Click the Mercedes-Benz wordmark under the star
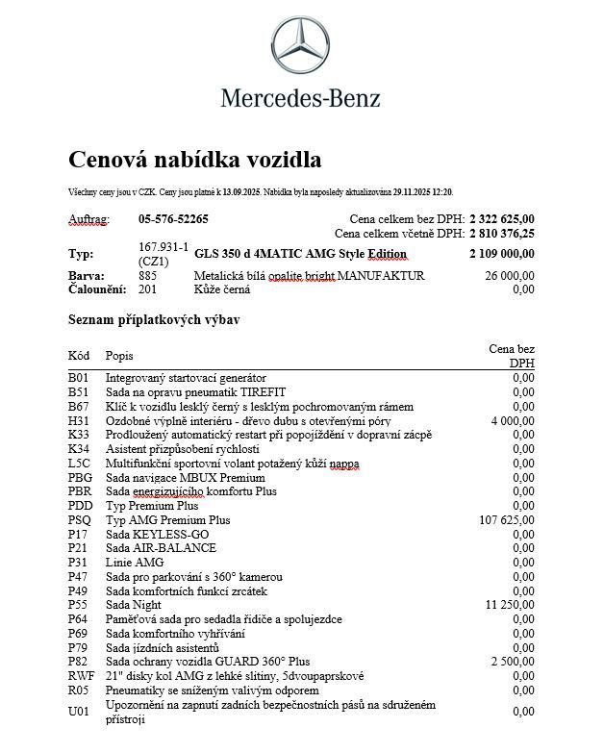coord(300,98)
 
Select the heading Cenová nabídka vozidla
coord(195,159)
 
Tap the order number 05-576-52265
coord(173,219)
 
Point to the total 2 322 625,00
coord(502,219)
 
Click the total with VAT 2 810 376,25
coord(502,233)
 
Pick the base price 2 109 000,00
coord(502,254)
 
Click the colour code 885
coord(147,276)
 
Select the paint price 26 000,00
coord(510,276)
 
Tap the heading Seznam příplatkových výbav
coord(154,319)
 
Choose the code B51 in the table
coord(78,392)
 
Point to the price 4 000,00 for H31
coord(513,420)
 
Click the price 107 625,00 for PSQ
coord(507,520)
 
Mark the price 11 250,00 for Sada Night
coord(510,605)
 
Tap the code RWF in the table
coord(80,676)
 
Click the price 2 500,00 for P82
coord(513,662)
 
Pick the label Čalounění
coord(97,289)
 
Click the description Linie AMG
coord(135,563)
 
